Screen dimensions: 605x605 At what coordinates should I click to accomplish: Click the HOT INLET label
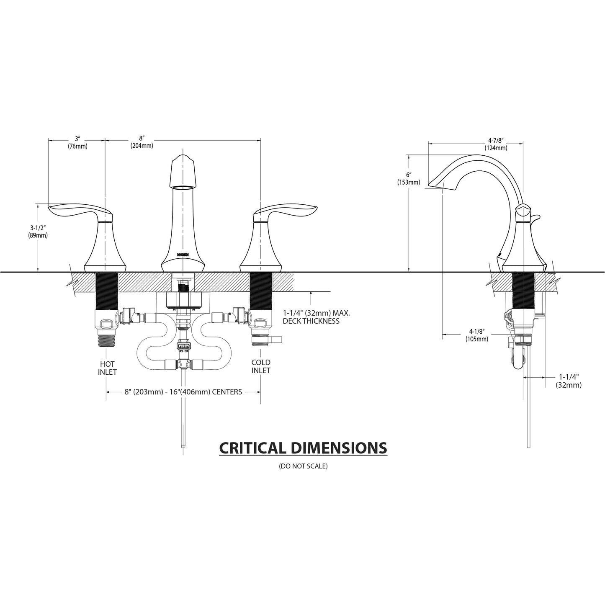[x=107, y=368]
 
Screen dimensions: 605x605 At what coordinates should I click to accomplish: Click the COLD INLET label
[x=260, y=366]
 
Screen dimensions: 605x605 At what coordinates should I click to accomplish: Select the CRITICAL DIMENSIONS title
[x=303, y=448]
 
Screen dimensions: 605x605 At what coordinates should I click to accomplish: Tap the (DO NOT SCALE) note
[x=303, y=466]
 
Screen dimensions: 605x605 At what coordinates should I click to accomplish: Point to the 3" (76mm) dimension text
[x=77, y=142]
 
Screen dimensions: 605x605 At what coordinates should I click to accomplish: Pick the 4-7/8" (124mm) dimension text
[x=496, y=144]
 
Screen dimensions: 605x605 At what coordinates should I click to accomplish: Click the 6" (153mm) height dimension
[x=408, y=178]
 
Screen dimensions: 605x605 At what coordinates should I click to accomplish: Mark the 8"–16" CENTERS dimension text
[x=183, y=392]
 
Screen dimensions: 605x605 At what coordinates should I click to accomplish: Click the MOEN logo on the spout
[x=183, y=254]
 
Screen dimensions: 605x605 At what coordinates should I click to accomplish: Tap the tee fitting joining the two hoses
[x=183, y=364]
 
